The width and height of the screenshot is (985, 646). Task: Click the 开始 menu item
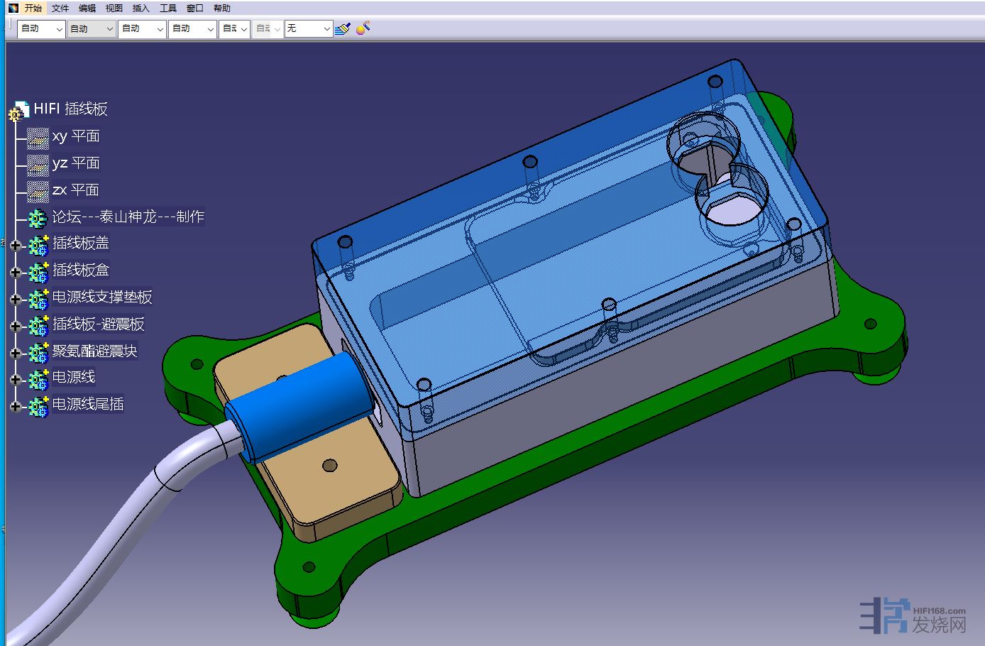33,8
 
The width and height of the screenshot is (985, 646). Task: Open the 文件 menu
60,8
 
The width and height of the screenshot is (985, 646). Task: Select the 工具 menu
168,8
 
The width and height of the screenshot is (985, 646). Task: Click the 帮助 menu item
221,8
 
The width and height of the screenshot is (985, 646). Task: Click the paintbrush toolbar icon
343,28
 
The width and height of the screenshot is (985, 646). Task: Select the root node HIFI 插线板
71,109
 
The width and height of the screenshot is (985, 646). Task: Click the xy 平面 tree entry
76,136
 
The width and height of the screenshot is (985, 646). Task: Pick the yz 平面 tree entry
76,163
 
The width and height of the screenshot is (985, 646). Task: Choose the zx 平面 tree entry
76,190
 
